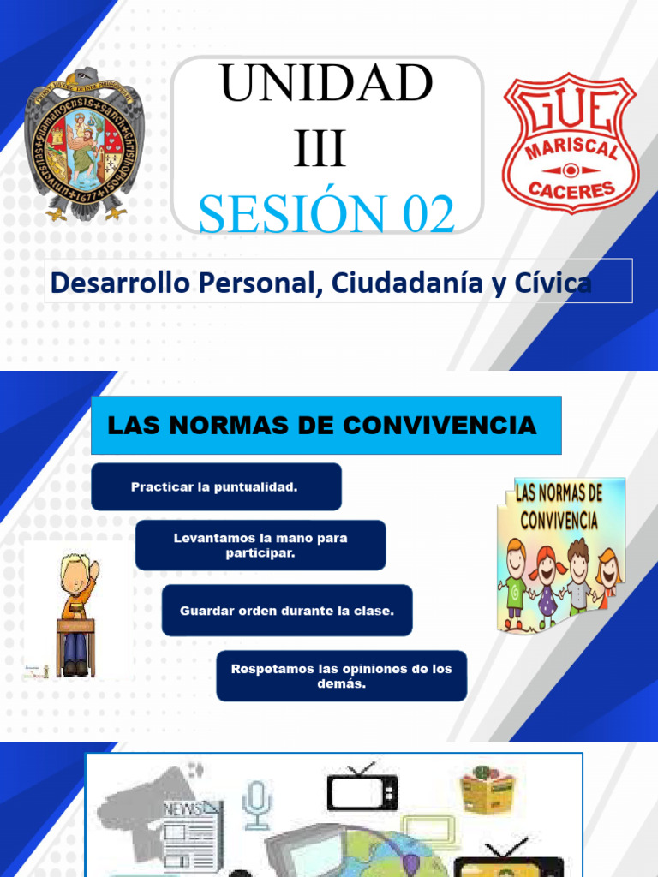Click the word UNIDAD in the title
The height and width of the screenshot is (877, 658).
click(326, 85)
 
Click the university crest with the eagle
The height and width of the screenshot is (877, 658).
click(84, 143)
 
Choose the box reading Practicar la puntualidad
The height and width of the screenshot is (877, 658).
click(216, 486)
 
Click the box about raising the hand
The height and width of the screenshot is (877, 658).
click(260, 546)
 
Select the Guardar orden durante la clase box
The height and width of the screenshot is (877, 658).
click(287, 611)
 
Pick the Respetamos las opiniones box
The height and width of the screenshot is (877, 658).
click(341, 676)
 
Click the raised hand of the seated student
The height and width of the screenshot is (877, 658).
click(93, 570)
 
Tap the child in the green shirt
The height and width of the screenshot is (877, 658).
click(517, 582)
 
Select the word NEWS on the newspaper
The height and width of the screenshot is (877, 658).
click(182, 808)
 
